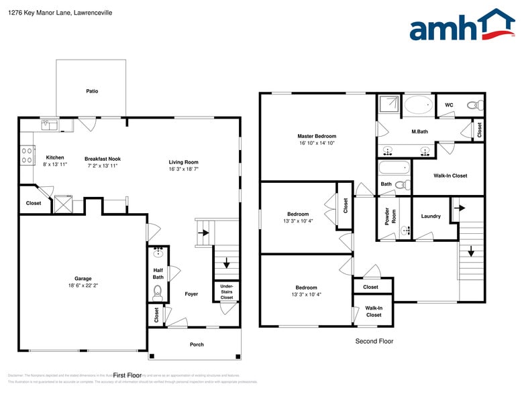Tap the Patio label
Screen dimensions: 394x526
92,91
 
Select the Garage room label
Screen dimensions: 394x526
83,279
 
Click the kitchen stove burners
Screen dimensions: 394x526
28,155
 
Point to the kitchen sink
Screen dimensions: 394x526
49,124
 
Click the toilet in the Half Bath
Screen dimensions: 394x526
158,291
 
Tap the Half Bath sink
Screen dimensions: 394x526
159,253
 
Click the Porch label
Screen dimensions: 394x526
197,344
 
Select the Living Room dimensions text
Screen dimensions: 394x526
183,170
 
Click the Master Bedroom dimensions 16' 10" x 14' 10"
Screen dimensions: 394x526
317,143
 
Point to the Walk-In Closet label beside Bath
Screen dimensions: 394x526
450,176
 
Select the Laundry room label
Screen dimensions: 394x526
431,216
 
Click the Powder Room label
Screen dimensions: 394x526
386,216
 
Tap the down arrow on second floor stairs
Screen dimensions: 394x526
470,252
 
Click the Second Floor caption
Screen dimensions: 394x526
374,341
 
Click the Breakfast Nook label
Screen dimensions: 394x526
102,159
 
